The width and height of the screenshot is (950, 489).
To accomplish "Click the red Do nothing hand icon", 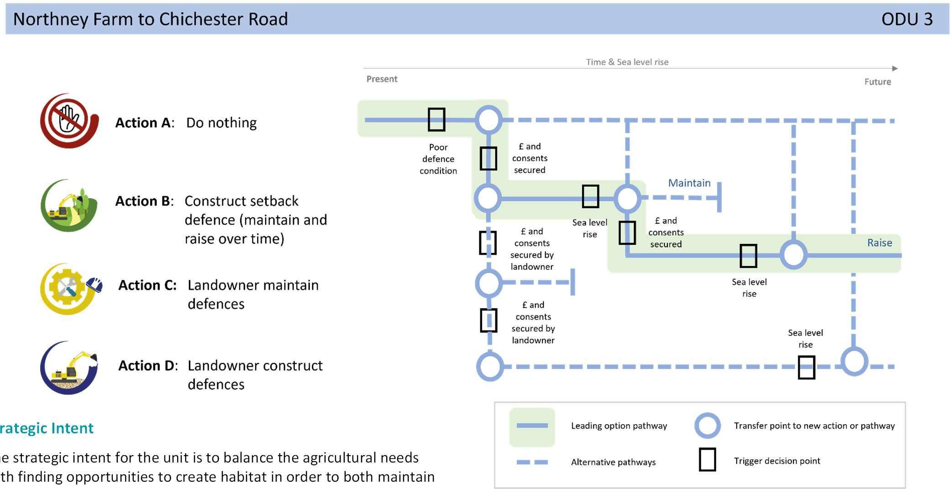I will click(69, 121).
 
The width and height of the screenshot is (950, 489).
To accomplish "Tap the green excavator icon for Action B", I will click(69, 205).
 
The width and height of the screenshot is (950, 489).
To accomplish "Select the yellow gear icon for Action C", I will click(69, 289).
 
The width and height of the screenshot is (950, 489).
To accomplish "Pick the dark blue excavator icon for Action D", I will click(69, 368).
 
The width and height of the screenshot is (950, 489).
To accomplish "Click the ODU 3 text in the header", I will click(907, 19).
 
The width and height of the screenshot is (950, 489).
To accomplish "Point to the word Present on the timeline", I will click(382, 79).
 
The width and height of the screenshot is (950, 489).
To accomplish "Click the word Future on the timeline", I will click(877, 82).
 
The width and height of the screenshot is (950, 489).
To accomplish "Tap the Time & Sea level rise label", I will click(627, 62).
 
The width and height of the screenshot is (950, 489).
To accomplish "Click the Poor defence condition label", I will click(438, 159).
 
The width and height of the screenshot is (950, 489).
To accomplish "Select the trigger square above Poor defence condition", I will click(436, 120).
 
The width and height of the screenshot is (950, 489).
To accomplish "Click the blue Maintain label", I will click(689, 183).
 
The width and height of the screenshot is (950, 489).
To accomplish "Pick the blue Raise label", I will click(879, 243).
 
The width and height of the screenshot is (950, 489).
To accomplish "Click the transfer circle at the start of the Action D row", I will click(490, 366).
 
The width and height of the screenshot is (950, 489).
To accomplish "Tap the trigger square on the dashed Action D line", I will click(806, 368).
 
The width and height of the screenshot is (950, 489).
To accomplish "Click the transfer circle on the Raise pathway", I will click(793, 255).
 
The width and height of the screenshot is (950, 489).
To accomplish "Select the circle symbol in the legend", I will click(707, 426).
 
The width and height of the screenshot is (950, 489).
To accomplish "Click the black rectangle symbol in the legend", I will click(707, 460).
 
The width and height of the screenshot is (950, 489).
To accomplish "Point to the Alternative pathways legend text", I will click(613, 462).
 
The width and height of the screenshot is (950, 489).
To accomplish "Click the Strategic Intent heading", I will click(47, 428).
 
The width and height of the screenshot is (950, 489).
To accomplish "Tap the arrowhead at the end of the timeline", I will click(895, 68).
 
